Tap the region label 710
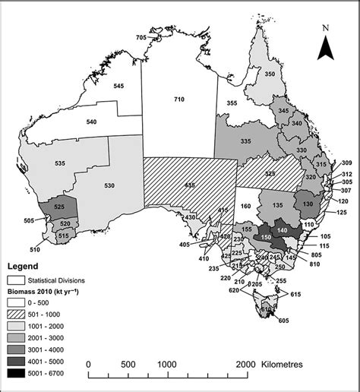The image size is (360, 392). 179,100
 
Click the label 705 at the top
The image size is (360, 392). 141,37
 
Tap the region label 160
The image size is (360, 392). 245,205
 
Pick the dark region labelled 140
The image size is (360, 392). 283,230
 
